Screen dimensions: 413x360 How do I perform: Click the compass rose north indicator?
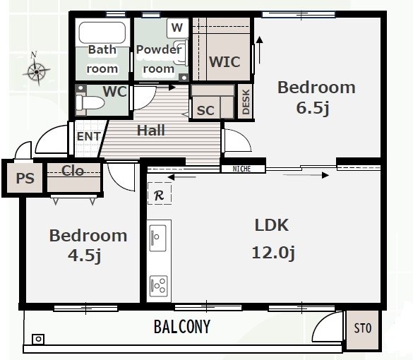pyautogui.click(x=36, y=69)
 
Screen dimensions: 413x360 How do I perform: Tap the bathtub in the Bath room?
pyautogui.click(x=102, y=32)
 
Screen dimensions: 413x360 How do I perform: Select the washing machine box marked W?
pyautogui.click(x=177, y=28)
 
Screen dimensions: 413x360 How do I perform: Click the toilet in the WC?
pyautogui.click(x=89, y=102)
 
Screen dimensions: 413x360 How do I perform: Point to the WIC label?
pyautogui.click(x=225, y=62)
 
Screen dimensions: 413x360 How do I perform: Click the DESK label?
pyautogui.click(x=246, y=102)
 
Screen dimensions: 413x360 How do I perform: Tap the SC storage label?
pyautogui.click(x=205, y=110)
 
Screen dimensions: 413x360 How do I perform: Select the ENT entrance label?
pyautogui.click(x=89, y=136)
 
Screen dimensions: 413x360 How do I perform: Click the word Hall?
pyautogui.click(x=151, y=131)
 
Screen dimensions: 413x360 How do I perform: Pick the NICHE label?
pyautogui.click(x=241, y=169)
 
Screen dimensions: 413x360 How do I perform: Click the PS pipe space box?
pyautogui.click(x=25, y=178)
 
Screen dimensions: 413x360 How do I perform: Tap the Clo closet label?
pyautogui.click(x=73, y=171)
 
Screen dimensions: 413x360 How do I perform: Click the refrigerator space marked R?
pyautogui.click(x=160, y=193)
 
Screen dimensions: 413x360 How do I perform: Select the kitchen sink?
pyautogui.click(x=157, y=238)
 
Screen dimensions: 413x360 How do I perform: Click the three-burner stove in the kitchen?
pyautogui.click(x=159, y=286)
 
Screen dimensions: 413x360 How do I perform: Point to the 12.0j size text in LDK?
pyautogui.click(x=273, y=253)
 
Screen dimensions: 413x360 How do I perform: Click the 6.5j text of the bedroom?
pyautogui.click(x=313, y=107)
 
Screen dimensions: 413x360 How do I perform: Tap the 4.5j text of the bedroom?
pyautogui.click(x=85, y=256)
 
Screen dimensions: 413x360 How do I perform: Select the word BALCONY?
pyautogui.click(x=182, y=327)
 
